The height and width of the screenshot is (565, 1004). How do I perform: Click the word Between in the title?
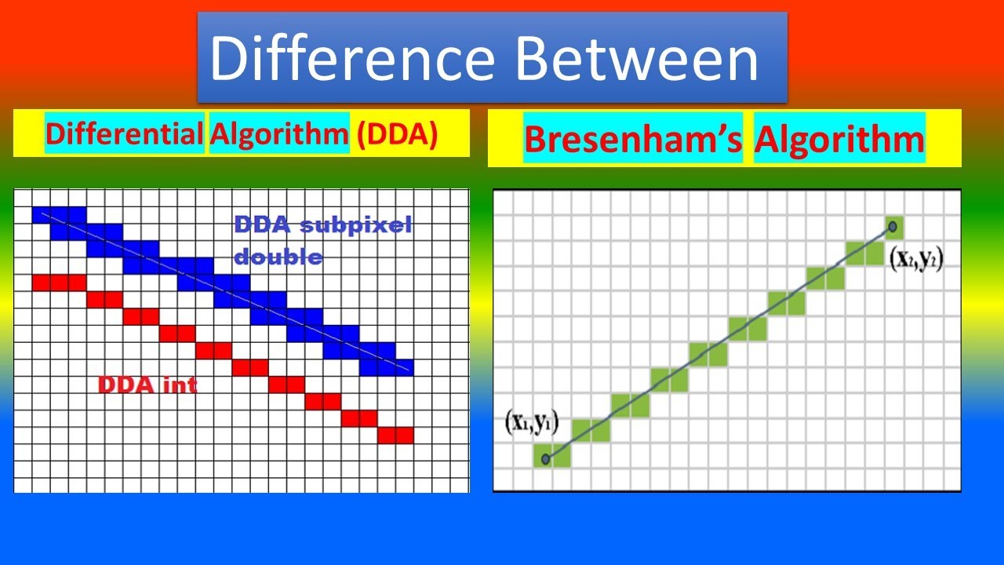(635, 60)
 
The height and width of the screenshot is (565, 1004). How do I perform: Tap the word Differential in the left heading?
(124, 134)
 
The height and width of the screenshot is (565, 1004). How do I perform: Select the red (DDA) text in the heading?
(397, 134)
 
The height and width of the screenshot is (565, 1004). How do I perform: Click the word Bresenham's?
(632, 139)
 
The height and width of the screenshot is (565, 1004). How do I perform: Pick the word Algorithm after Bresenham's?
(839, 139)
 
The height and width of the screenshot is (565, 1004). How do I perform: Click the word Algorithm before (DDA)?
(278, 134)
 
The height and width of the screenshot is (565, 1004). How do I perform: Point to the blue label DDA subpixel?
(322, 226)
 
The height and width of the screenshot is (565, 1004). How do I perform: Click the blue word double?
(278, 257)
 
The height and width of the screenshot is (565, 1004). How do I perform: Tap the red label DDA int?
(147, 385)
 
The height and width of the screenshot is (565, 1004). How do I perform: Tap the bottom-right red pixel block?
(395, 435)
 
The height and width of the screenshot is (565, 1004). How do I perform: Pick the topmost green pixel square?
(893, 227)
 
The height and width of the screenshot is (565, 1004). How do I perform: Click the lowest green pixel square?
(551, 456)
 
